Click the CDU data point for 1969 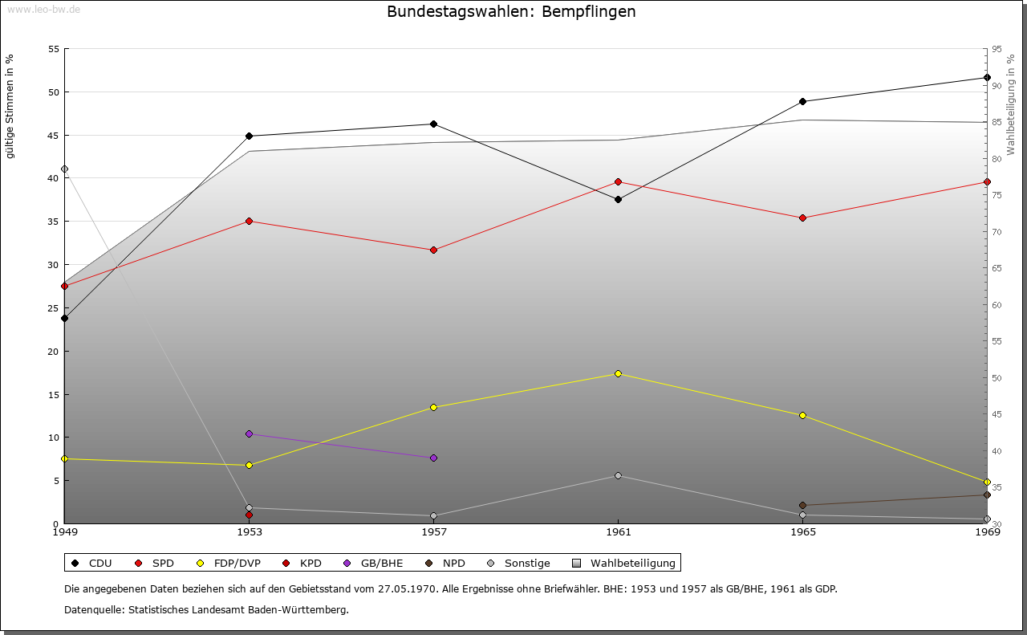click(x=987, y=78)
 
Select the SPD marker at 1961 click(x=618, y=182)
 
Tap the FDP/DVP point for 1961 click(x=618, y=373)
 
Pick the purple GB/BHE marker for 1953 click(x=249, y=434)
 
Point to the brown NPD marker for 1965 click(x=802, y=506)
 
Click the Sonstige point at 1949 click(x=64, y=169)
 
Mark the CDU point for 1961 click(x=618, y=199)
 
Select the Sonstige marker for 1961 click(x=618, y=476)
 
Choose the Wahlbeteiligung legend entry click(x=626, y=563)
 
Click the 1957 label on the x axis click(x=433, y=531)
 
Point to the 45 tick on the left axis click(x=54, y=135)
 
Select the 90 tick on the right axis click(x=996, y=86)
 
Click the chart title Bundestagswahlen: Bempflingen click(x=511, y=12)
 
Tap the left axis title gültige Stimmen click(x=10, y=107)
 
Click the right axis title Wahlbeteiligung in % click(x=1011, y=104)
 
